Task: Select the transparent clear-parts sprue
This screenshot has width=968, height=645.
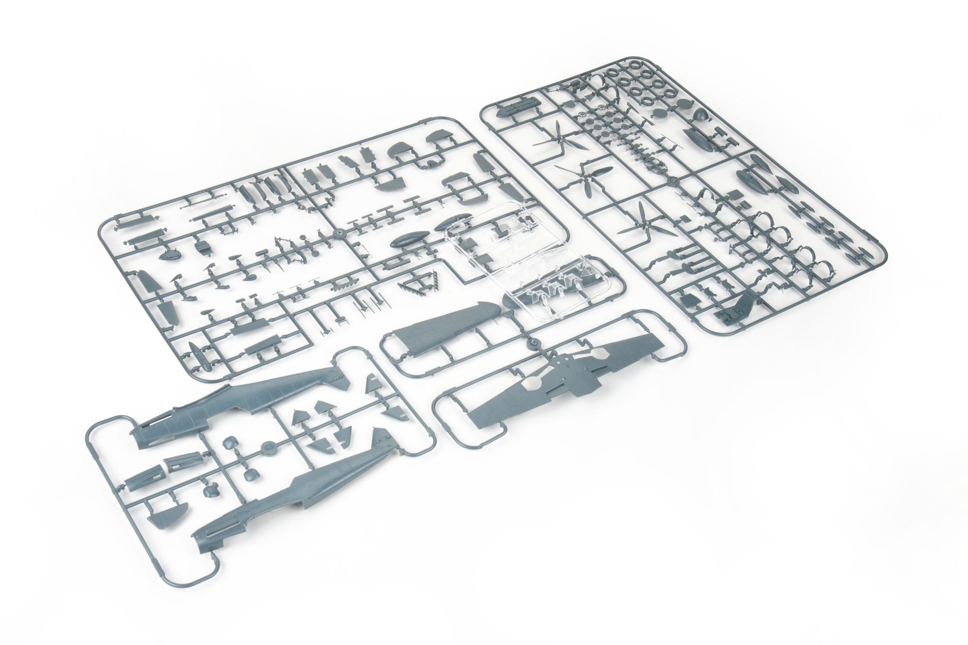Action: point(527,264)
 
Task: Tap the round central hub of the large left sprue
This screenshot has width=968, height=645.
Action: point(339,233)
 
